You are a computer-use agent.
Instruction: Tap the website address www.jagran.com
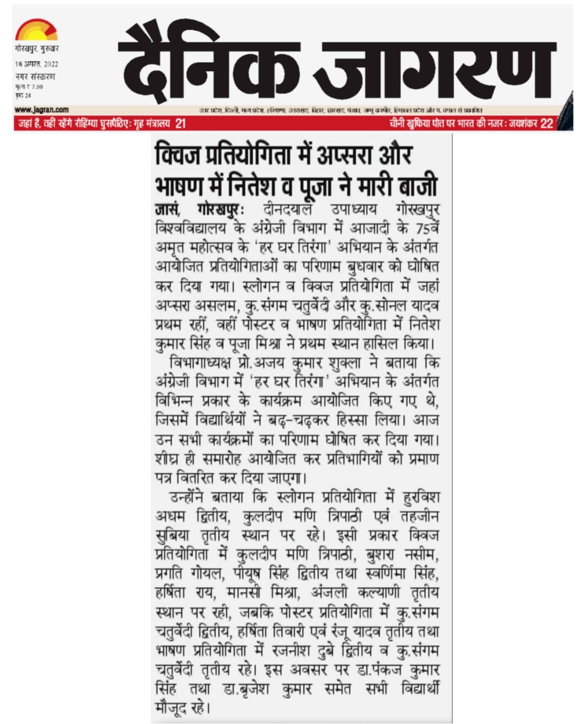[42, 110]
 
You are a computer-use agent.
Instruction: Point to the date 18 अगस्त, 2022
[37, 64]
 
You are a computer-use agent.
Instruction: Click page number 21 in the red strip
[180, 124]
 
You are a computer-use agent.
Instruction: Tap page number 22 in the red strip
[547, 124]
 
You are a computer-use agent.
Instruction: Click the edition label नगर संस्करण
[35, 76]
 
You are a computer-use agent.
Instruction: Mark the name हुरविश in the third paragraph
[421, 497]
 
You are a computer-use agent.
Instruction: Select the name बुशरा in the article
[382, 555]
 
